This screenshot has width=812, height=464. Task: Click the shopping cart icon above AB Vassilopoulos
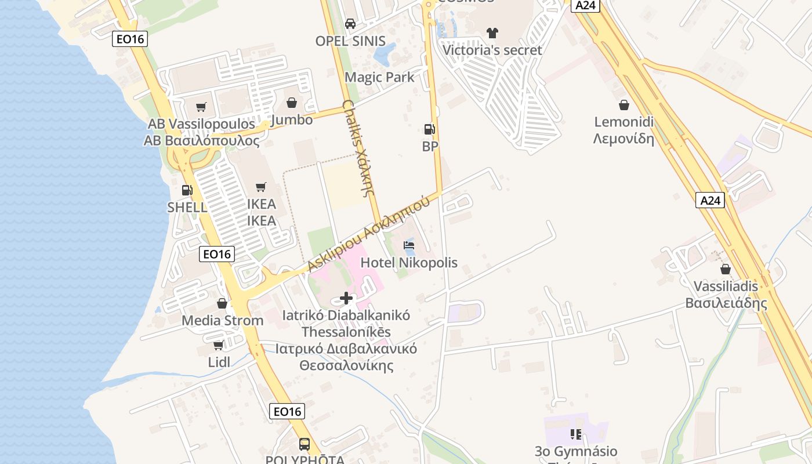coord(201,107)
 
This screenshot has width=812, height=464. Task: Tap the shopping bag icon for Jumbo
coord(292,103)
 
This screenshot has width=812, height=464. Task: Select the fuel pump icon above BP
coord(429,129)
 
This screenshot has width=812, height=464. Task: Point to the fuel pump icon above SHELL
coord(187,190)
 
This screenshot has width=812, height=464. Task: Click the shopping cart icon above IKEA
coord(261,187)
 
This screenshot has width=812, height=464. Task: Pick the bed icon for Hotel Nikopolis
coord(409,245)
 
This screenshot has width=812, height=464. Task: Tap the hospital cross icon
coord(346,299)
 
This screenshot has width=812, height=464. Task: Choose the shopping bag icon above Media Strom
coord(222,303)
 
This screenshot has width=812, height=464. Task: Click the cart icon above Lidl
coord(219,346)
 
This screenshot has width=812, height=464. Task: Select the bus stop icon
coord(304,444)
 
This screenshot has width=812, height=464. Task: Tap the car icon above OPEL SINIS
coord(350,24)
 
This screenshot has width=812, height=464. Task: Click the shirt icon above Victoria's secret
coord(492,32)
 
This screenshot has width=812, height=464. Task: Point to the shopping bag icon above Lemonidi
coord(624,105)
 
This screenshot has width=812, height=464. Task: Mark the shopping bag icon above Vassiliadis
coord(726,269)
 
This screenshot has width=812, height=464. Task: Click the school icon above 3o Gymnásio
coord(576,434)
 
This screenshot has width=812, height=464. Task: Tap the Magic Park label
coord(379,77)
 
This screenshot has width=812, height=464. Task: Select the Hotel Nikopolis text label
coord(409,263)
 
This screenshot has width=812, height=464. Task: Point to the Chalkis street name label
coord(357,148)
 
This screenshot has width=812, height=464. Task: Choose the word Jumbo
coord(292,120)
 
